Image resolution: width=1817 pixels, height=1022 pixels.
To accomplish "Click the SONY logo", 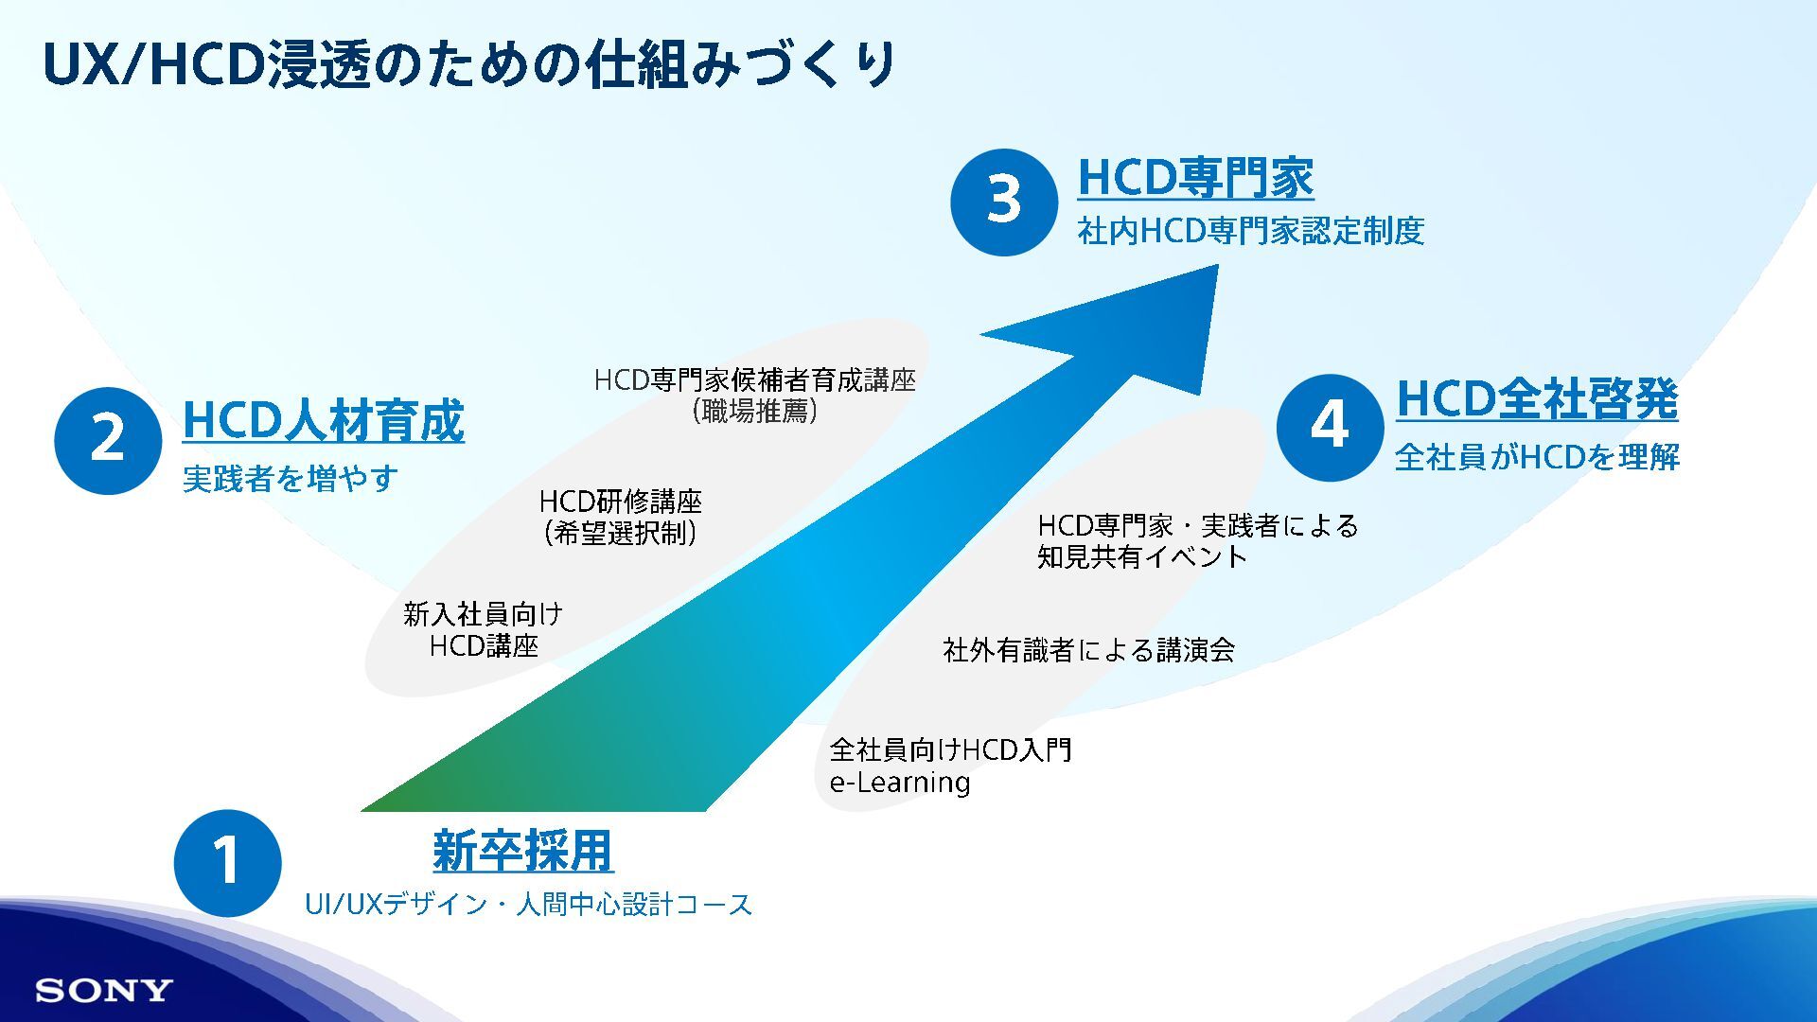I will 104,991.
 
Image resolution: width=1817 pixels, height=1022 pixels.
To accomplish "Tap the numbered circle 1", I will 227,862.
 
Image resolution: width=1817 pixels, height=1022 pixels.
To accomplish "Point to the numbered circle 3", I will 1004,202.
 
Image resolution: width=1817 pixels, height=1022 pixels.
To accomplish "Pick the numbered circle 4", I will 1330,427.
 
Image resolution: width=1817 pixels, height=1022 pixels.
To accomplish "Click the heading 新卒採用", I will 523,851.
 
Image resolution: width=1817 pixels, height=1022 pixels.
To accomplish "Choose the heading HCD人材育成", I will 323,421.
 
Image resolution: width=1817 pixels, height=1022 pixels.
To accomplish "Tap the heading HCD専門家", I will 1195,178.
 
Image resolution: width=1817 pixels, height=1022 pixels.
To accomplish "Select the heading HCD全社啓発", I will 1537,398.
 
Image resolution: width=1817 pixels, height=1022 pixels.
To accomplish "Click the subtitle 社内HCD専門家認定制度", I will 1250,231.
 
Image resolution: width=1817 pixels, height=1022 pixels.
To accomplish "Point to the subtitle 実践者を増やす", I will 290,479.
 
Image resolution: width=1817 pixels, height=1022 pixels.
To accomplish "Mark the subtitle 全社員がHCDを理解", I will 1537,458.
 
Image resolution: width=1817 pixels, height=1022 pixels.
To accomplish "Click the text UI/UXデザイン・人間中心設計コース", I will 528,906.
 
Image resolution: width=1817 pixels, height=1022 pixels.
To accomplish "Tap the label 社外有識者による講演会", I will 1088,650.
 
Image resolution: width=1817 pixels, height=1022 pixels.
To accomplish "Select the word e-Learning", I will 900,784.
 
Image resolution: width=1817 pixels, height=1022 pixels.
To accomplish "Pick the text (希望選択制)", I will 621,534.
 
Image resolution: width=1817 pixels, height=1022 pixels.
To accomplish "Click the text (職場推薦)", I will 754,412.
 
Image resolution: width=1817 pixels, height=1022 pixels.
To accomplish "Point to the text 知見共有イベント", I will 1142,556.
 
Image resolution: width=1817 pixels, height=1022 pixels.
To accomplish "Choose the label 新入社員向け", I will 483,614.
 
